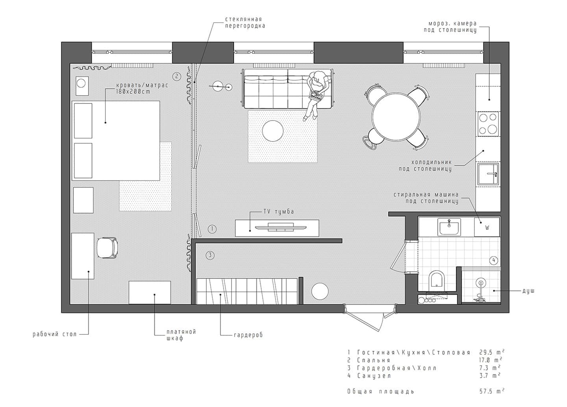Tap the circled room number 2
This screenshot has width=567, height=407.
pos(176,76)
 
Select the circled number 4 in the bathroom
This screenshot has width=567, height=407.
pos(494,261)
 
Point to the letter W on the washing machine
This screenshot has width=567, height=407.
pos(487,228)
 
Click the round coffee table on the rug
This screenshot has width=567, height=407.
pos(272,131)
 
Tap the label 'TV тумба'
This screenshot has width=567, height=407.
pos(279,212)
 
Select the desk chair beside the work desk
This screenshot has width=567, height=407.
pos(107,248)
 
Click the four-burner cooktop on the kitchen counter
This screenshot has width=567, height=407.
pos(488,124)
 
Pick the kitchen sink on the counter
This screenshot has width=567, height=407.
pos(488,174)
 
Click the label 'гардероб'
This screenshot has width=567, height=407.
pos(248,335)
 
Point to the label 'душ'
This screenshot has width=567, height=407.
pos(528,291)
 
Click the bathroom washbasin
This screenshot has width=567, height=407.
pos(449,227)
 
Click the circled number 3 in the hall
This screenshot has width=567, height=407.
pos(210,255)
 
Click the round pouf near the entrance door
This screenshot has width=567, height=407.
pos(320,291)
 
